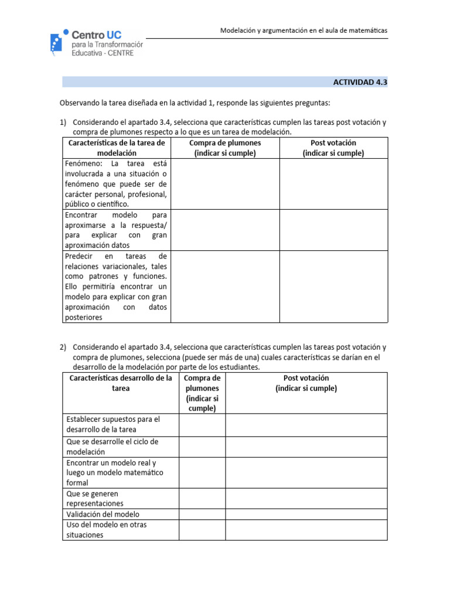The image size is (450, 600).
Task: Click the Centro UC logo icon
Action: (x=57, y=42)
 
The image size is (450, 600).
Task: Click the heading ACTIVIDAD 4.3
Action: (x=360, y=83)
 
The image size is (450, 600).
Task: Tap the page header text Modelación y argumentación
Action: (x=304, y=30)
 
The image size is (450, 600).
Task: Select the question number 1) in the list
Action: (x=63, y=122)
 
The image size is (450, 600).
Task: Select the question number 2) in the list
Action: (x=63, y=347)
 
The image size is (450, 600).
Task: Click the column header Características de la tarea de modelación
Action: (x=117, y=148)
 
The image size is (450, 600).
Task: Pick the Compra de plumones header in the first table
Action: (x=225, y=148)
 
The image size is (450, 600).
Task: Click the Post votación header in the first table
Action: (x=333, y=148)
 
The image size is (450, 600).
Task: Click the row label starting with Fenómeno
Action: (x=116, y=184)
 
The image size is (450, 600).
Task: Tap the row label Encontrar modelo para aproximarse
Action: (x=116, y=230)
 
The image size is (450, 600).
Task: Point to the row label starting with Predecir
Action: (x=116, y=287)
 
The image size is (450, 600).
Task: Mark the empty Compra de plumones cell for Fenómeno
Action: (x=225, y=184)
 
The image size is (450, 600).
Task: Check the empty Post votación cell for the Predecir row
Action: (x=333, y=287)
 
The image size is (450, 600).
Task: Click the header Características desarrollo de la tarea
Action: (x=121, y=383)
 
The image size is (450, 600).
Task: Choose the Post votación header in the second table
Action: (x=306, y=383)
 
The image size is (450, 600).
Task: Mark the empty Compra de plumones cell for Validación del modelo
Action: (x=202, y=514)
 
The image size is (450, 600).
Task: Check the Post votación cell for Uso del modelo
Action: (x=306, y=530)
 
